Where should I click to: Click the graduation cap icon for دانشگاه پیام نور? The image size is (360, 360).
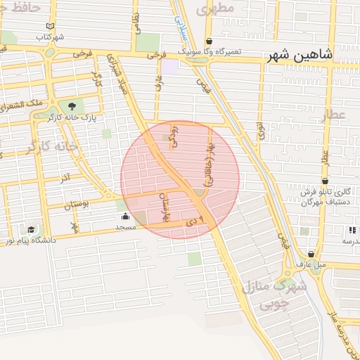click(x=31, y=230)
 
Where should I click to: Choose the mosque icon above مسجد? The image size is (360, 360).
click(x=125, y=217)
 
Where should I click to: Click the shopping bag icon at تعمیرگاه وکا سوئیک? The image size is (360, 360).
click(x=209, y=41)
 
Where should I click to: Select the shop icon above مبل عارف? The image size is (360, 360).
click(x=311, y=255)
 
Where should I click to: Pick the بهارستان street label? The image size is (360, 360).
click(x=167, y=208)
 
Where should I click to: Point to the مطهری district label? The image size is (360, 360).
click(x=215, y=10)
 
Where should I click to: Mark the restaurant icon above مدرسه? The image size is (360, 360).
click(x=351, y=230)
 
